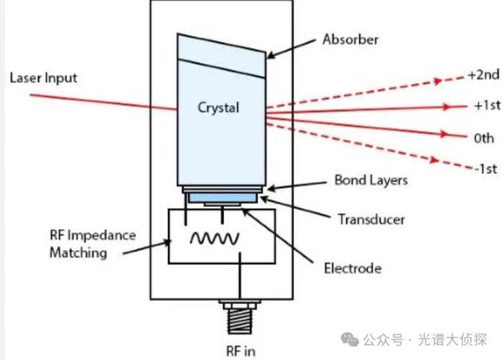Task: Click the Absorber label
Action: coord(350,39)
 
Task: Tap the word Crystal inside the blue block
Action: coord(218,108)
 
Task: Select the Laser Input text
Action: coord(43,78)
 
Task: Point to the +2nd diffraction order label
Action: coord(484,75)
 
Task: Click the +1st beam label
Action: coord(486,105)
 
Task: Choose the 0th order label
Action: coord(484,138)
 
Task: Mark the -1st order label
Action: coord(486,169)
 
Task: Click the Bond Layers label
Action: coord(371,181)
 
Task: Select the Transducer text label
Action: coord(372,219)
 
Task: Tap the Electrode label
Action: coord(353,268)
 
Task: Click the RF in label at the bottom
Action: coord(241,351)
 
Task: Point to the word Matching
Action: coord(78,253)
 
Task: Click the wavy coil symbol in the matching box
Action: coord(215,238)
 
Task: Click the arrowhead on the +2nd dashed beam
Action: coord(438,81)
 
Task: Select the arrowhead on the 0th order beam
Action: coord(444,134)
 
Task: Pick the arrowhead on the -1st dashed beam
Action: coord(434,159)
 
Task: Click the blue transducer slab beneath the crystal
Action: coord(223,197)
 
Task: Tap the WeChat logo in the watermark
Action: coord(350,340)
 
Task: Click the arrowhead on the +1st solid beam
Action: coord(446,107)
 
